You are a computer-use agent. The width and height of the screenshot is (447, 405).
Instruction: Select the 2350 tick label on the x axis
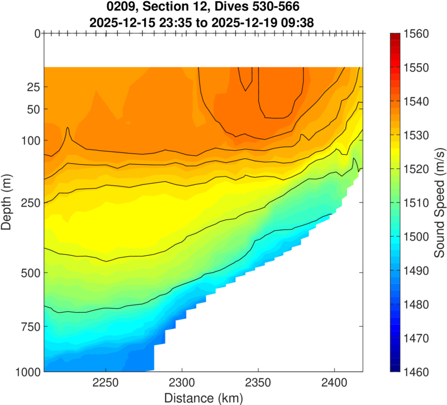[x=258, y=385]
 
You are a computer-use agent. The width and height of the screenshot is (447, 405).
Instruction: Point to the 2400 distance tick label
[x=334, y=385]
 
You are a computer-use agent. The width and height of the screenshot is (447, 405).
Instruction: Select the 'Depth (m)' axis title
[x=8, y=203]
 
